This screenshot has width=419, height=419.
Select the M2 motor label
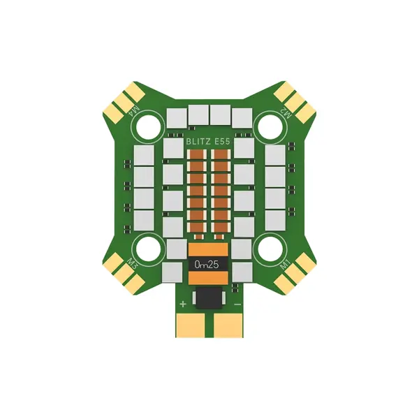pyautogui.click(x=284, y=112)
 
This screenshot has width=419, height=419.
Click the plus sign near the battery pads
pyautogui.click(x=183, y=304)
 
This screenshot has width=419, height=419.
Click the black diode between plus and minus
pyautogui.click(x=209, y=298)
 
